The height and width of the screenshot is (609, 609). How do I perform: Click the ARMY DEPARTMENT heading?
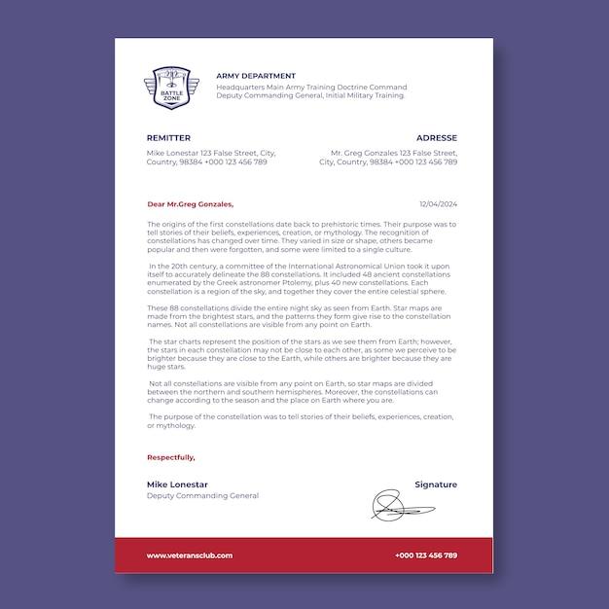point(256,75)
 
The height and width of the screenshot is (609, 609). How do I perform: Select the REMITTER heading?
point(168,138)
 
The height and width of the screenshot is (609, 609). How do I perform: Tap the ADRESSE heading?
point(436,138)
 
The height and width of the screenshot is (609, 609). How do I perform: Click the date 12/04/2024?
point(438,204)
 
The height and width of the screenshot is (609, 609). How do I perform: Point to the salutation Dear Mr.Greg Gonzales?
point(190,204)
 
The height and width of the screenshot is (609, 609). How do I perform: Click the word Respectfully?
point(171,457)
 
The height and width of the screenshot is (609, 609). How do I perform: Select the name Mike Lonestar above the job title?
point(177,484)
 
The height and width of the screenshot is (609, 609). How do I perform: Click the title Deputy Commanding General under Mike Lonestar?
point(202,495)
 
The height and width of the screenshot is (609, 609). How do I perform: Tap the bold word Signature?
point(435,484)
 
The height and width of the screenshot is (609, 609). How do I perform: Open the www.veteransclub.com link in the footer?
point(190,555)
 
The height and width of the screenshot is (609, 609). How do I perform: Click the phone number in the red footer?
point(426,555)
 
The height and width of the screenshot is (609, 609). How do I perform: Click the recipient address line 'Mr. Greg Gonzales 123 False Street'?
point(393,153)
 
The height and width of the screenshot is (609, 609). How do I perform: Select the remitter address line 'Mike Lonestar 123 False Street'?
point(211,153)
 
